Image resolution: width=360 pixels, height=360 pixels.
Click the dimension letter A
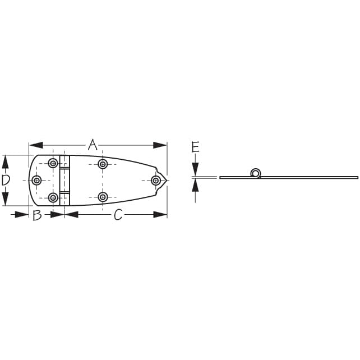pyautogui.click(x=93, y=145)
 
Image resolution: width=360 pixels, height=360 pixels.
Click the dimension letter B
pyautogui.click(x=37, y=215)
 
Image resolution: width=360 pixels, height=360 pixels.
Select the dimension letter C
pyautogui.click(x=118, y=215)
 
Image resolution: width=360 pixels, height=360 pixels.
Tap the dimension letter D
pyautogui.click(x=6, y=180)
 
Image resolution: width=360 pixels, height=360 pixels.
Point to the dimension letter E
pyautogui.click(x=195, y=147)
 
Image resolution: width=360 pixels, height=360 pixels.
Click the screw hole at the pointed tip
pyautogui.click(x=156, y=181)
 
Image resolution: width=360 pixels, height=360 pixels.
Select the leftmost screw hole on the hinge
pyautogui.click(x=36, y=181)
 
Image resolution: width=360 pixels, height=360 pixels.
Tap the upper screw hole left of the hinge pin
pyautogui.click(x=53, y=164)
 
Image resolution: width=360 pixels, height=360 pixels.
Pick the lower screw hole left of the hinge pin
pyautogui.click(x=53, y=197)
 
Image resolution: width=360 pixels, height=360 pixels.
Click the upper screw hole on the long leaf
pyautogui.click(x=103, y=164)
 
